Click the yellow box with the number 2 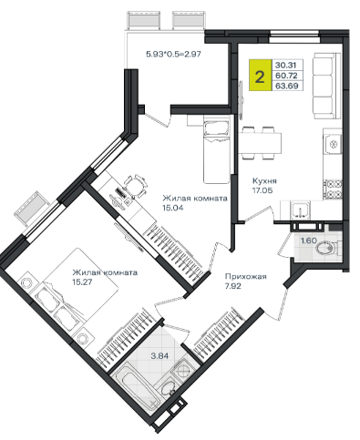[260, 75]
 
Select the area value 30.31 [285, 65]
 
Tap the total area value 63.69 [285, 86]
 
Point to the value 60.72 [285, 76]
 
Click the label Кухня [264, 181]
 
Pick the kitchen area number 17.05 [262, 190]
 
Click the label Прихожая [245, 277]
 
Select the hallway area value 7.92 [233, 286]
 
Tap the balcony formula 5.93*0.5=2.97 [174, 55]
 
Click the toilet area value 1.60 [309, 240]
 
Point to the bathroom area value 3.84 [159, 355]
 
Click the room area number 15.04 [173, 208]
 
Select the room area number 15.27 [82, 282]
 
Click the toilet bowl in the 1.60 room [327, 249]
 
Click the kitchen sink [301, 210]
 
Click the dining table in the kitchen [260, 143]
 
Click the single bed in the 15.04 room [216, 151]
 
